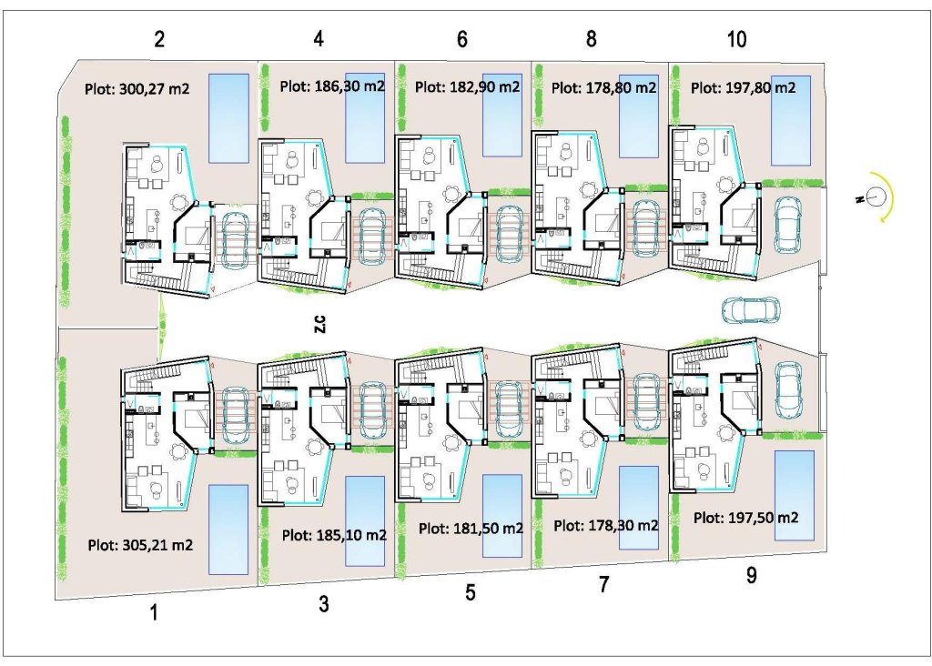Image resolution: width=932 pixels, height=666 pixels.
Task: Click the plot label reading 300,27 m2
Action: [x=137, y=89]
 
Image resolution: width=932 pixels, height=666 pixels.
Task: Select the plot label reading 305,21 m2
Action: [x=140, y=545]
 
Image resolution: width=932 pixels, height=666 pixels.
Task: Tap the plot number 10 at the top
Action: [x=736, y=39]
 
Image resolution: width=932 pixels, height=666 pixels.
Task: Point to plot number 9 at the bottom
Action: [x=751, y=576]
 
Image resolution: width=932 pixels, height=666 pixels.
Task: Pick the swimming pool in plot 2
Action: [x=228, y=117]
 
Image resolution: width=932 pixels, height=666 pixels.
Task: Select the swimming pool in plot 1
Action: [x=228, y=529]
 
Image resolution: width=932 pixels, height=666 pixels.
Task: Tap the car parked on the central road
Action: [x=750, y=309]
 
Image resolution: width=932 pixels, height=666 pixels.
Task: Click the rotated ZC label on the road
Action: [x=319, y=324]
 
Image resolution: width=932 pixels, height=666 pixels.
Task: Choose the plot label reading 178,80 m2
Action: [x=603, y=88]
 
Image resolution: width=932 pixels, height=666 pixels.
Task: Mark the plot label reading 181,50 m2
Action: [x=471, y=528]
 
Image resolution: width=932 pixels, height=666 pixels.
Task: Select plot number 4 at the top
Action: [x=319, y=39]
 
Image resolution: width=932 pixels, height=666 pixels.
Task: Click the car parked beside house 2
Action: [x=235, y=239]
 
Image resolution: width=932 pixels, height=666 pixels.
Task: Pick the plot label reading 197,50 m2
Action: [x=745, y=517]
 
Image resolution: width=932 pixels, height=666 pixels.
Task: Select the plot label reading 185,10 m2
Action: [x=334, y=535]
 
